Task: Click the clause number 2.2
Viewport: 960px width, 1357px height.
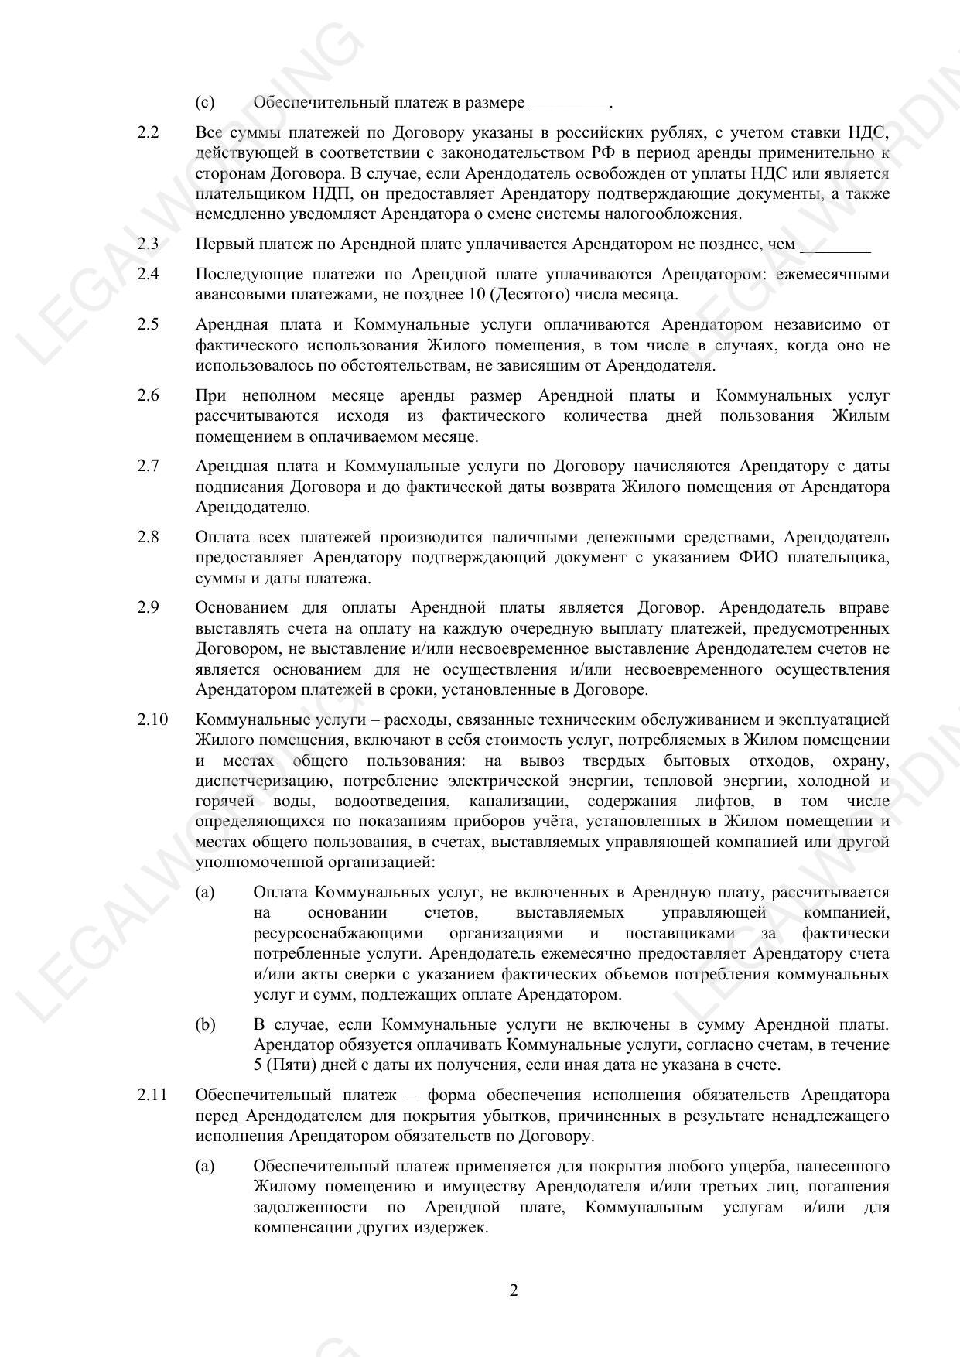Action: pyautogui.click(x=148, y=132)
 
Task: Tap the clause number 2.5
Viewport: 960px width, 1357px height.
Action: pyautogui.click(x=148, y=324)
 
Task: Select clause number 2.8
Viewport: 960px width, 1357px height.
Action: pyautogui.click(x=148, y=537)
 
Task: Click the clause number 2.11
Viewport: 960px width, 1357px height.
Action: pyautogui.click(x=152, y=1096)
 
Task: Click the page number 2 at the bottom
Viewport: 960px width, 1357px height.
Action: pyautogui.click(x=514, y=1290)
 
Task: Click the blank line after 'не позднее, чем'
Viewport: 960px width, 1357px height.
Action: pyautogui.click(x=835, y=246)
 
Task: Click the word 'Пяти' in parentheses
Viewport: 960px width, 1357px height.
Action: pyautogui.click(x=284, y=1065)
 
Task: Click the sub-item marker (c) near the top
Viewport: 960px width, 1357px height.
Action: pyautogui.click(x=205, y=103)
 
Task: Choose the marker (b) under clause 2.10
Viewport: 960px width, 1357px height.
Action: pyautogui.click(x=205, y=1025)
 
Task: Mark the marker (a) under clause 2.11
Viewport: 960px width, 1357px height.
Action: pyautogui.click(x=205, y=1166)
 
